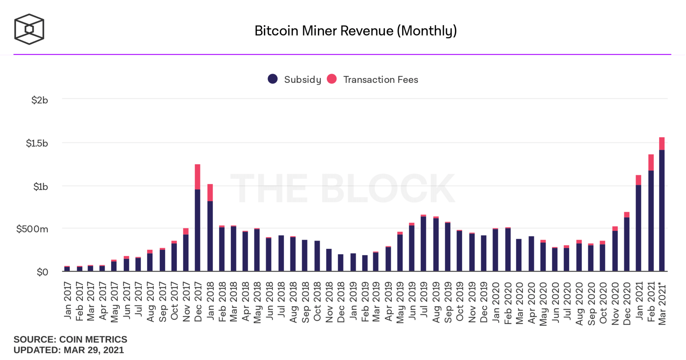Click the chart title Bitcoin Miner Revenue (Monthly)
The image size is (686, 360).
pyautogui.click(x=356, y=31)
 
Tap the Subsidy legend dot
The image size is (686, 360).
pyautogui.click(x=273, y=79)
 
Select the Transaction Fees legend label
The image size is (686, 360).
pyautogui.click(x=381, y=80)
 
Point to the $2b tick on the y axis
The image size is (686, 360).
pyautogui.click(x=39, y=100)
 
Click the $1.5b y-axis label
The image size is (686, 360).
pyautogui.click(x=37, y=143)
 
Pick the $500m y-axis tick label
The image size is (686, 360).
pyautogui.click(x=32, y=229)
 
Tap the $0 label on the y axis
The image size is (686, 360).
pyautogui.click(x=42, y=272)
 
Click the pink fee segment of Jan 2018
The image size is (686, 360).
pyautogui.click(x=210, y=192)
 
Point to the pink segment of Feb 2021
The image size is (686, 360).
pyautogui.click(x=651, y=162)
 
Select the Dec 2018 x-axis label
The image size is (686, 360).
pyautogui.click(x=341, y=302)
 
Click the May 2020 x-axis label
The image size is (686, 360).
pyautogui.click(x=543, y=304)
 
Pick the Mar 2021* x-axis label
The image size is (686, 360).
pyautogui.click(x=662, y=304)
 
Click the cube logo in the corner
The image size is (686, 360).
pyautogui.click(x=29, y=29)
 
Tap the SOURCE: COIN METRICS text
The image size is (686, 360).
pyautogui.click(x=70, y=339)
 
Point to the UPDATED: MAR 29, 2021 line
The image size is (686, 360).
pyautogui.click(x=69, y=350)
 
